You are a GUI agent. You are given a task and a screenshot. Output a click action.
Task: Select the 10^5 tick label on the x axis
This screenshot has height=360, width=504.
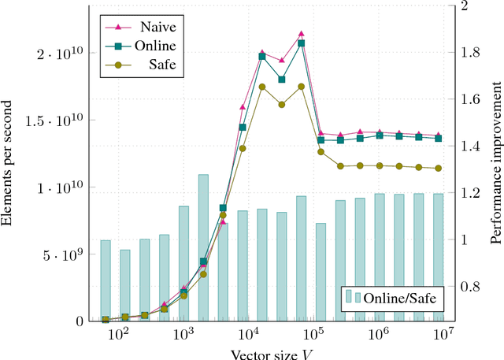(314, 334)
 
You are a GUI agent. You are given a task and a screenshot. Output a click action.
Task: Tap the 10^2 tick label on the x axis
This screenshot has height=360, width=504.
(118, 334)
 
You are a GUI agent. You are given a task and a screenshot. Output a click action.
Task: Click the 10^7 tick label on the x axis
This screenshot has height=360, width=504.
(445, 334)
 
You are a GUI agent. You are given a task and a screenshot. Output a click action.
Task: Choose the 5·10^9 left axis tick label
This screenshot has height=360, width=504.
(62, 254)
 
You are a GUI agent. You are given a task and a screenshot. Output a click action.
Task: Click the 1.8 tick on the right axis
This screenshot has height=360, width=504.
(465, 53)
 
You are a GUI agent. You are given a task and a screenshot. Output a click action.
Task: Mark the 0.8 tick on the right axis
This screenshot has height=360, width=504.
(465, 287)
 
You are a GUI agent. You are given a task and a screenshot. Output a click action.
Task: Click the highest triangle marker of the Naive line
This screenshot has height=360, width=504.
(301, 34)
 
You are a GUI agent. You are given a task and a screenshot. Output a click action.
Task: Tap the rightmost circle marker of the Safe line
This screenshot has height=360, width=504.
(439, 168)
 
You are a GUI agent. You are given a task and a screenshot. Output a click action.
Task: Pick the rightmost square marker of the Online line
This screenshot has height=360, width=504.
(439, 138)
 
